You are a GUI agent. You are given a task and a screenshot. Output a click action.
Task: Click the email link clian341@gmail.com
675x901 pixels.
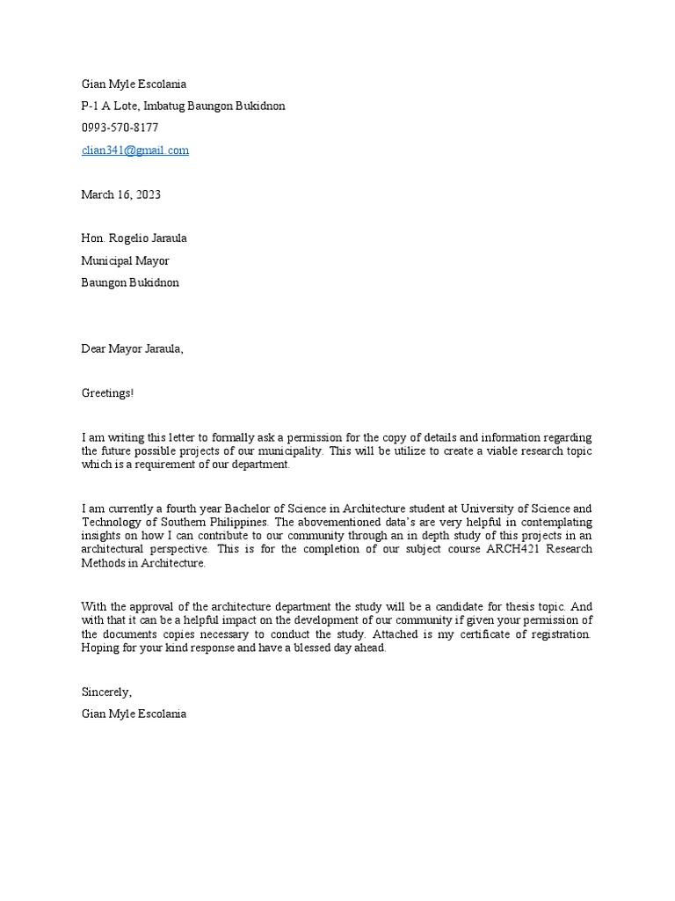(x=134, y=150)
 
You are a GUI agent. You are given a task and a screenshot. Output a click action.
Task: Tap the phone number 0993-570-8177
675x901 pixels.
(x=120, y=128)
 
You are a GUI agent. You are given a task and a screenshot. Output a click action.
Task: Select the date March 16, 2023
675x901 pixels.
(x=120, y=194)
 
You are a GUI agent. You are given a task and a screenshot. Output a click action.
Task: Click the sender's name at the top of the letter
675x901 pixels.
(x=134, y=84)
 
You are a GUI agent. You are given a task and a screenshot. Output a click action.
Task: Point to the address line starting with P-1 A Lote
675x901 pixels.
(x=183, y=106)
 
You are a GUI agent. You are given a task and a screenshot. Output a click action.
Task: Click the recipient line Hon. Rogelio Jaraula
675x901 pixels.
(x=134, y=238)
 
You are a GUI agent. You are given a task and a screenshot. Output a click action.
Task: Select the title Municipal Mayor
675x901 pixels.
(x=125, y=260)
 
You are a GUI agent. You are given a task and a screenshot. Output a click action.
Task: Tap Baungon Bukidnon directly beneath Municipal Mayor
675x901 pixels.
(x=130, y=282)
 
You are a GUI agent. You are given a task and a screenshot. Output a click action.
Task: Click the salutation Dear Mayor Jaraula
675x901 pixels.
(x=133, y=348)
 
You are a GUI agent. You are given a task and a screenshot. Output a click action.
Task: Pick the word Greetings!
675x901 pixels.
(x=107, y=392)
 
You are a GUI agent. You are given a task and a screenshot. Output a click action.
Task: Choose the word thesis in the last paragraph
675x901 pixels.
(x=507, y=606)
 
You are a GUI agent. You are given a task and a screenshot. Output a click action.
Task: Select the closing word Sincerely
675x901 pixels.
(x=106, y=692)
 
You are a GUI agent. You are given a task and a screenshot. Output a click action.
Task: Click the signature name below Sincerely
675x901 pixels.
(x=134, y=714)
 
